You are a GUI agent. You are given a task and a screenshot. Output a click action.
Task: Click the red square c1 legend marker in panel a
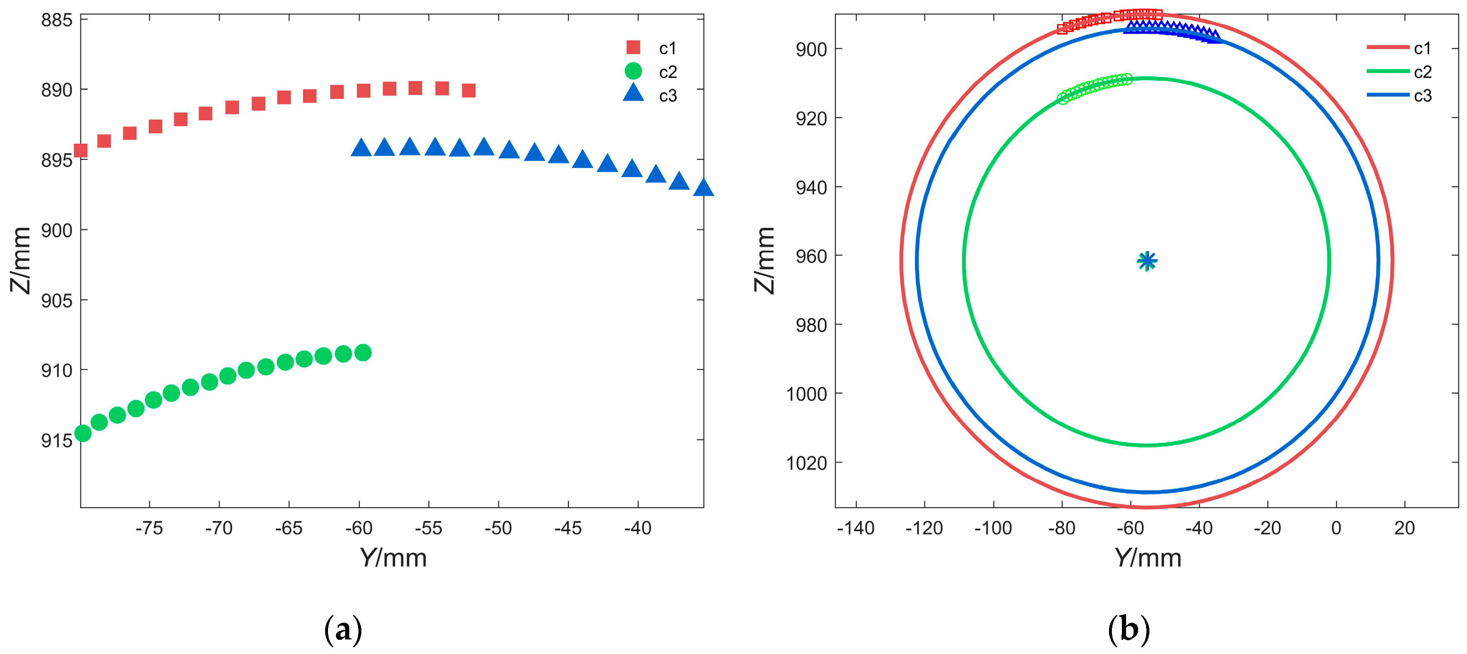click(x=633, y=47)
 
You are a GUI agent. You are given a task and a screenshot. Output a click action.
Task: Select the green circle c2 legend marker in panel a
click(x=633, y=71)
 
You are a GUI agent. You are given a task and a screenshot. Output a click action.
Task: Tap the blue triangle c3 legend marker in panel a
click(x=633, y=93)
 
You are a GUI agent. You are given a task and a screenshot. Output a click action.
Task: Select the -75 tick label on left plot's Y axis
click(x=149, y=528)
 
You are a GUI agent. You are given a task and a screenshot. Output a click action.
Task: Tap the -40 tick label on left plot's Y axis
click(x=637, y=528)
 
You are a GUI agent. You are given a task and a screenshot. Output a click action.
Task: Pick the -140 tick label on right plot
click(x=855, y=528)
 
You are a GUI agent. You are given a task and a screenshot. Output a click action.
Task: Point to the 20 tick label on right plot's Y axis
click(x=1405, y=528)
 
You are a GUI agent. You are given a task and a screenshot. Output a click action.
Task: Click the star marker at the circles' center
click(x=1147, y=261)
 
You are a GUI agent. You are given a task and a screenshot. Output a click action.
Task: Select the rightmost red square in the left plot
click(x=469, y=90)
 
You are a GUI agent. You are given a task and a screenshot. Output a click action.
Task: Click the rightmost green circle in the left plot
click(x=363, y=353)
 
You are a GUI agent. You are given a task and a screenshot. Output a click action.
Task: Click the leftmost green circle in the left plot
click(x=83, y=433)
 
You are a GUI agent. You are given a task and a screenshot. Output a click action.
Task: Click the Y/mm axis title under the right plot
click(x=1148, y=558)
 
